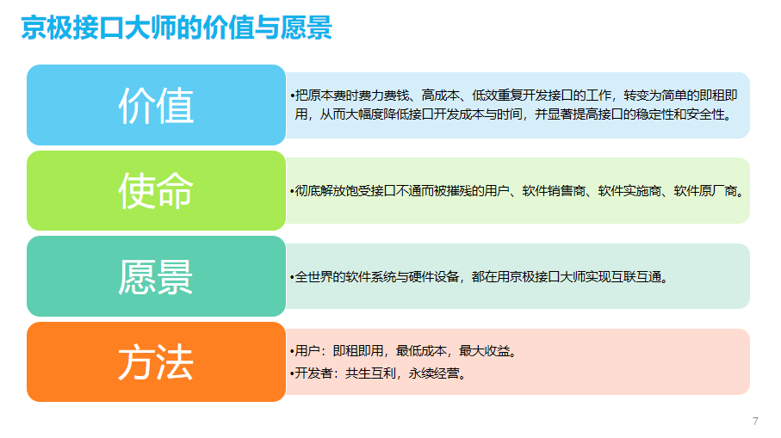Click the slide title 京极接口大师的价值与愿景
[177, 28]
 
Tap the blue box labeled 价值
[156, 105]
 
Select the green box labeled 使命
[156, 191]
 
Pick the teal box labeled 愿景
[156, 276]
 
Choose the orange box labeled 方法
[156, 362]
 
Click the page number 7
[755, 422]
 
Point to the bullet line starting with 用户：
[405, 351]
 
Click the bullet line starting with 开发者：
[380, 373]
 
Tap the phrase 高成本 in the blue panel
[440, 95]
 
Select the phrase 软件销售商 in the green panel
[554, 191]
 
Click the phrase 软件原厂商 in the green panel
[705, 191]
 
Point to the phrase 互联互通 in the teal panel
[636, 277]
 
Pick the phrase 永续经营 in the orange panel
[434, 373]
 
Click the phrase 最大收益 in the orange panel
[484, 351]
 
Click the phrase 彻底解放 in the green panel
[319, 191]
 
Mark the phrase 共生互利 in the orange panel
[370, 373]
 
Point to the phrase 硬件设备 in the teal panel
[434, 277]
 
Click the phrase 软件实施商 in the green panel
[629, 191]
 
